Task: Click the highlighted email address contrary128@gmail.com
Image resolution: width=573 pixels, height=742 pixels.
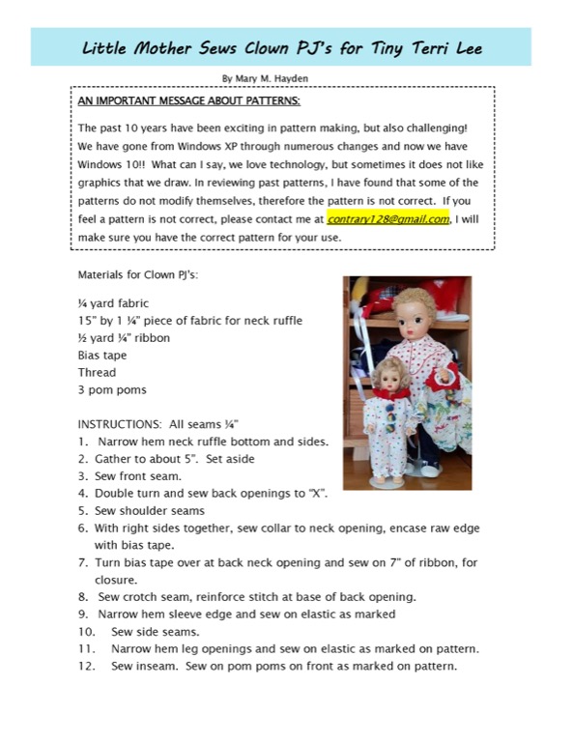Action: pos(388,219)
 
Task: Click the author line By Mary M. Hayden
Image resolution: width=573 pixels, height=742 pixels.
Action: pos(265,78)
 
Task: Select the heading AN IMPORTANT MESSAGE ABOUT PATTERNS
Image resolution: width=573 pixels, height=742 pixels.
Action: pos(188,100)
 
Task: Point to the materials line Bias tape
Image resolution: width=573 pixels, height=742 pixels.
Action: pos(102,356)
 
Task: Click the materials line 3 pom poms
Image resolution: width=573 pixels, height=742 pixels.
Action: pos(112,390)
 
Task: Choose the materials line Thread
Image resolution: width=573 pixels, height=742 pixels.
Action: pos(97,372)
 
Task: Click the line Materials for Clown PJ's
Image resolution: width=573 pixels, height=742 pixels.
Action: pos(138,275)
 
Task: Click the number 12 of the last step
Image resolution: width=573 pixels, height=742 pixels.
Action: pos(87,667)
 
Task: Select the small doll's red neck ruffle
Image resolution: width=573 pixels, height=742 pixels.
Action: pos(390,393)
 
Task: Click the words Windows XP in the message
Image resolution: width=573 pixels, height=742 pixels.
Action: pos(207,146)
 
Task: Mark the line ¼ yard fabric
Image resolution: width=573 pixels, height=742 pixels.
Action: pos(113,303)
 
